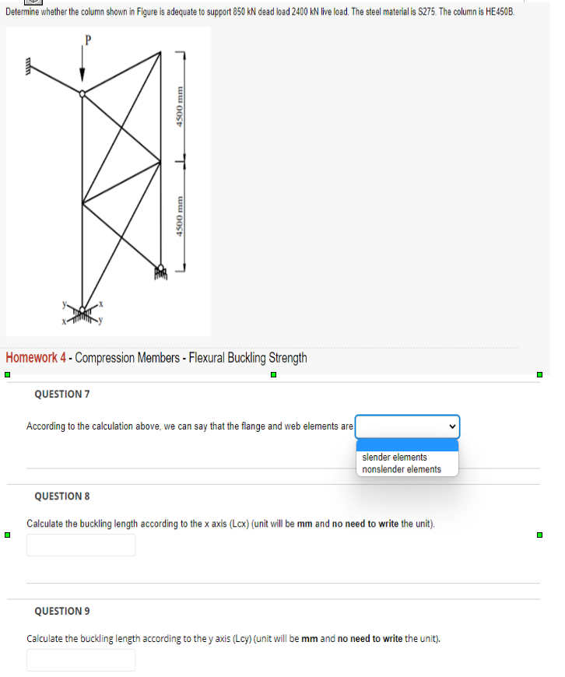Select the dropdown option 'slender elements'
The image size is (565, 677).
coord(395,457)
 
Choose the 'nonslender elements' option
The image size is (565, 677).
coord(402,469)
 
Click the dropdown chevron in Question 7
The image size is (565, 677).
coord(450,426)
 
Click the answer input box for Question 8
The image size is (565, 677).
coord(81,545)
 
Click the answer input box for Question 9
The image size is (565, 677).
coord(81,660)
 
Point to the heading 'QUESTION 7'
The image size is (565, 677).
coord(62,394)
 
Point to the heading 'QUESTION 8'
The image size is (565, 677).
coord(62,496)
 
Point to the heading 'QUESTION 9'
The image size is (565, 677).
coord(62,611)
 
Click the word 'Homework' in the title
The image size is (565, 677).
coord(31,358)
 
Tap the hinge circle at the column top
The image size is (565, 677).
coord(82,93)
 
